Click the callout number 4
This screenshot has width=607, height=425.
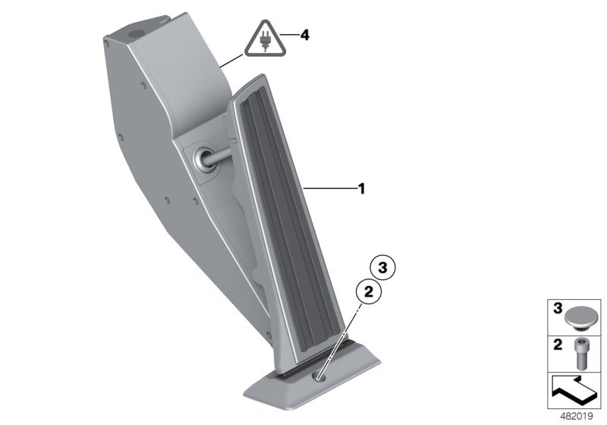(305, 35)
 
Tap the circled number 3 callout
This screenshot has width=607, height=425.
(382, 267)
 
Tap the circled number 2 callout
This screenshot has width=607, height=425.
(368, 290)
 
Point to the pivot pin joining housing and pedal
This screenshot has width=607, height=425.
(206, 159)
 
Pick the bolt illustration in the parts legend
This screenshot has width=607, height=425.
(580, 352)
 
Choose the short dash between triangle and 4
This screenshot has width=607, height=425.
(289, 36)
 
